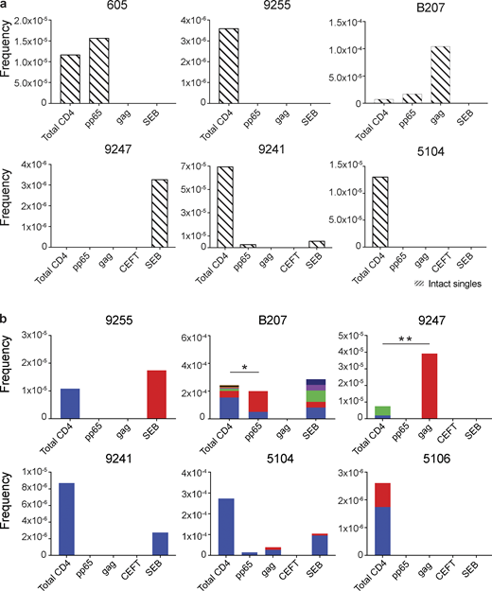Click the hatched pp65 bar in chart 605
tap(99, 71)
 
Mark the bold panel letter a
tap(5, 6)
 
